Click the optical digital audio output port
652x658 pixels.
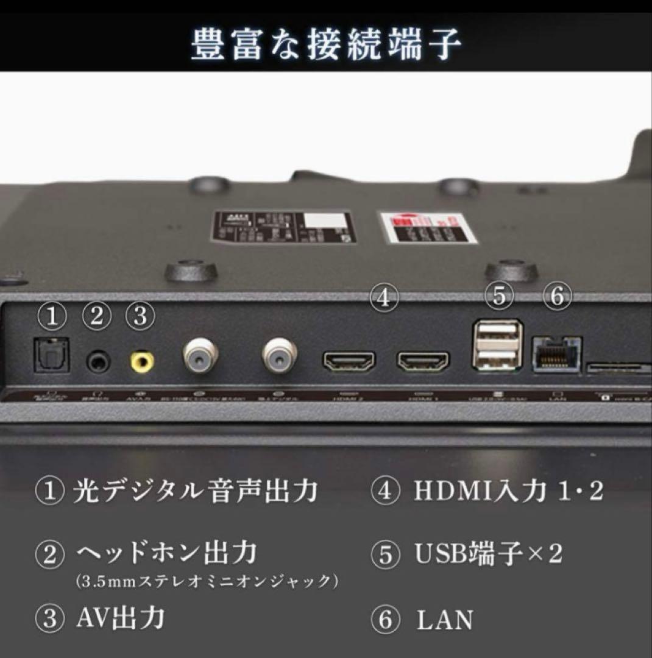[51, 355]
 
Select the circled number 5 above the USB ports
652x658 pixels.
[499, 296]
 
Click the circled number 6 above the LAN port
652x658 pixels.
[556, 296]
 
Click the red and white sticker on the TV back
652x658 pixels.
[428, 228]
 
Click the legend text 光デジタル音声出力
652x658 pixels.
[195, 491]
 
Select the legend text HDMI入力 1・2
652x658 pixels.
[509, 491]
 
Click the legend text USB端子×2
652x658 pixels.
[488, 553]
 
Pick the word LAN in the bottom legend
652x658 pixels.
[444, 620]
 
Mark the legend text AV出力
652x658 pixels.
[121, 618]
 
